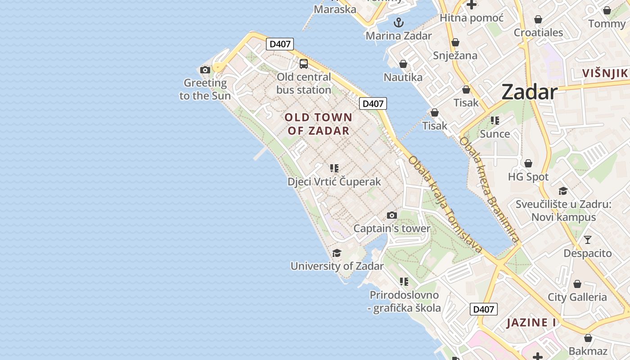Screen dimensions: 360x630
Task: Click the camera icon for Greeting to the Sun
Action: (x=205, y=70)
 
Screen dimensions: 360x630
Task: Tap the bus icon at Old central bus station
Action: (x=304, y=63)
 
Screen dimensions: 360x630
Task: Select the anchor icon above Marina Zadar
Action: (x=399, y=22)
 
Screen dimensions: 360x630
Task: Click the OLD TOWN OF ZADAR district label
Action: (x=319, y=124)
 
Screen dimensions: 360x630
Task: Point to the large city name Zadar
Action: (x=529, y=92)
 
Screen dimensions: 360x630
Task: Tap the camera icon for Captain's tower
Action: (x=392, y=215)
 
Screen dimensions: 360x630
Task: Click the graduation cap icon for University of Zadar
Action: (x=337, y=253)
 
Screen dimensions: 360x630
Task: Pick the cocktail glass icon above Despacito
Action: (x=587, y=239)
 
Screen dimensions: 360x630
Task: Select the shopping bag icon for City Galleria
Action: (x=577, y=284)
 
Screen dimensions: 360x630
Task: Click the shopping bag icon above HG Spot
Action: (x=528, y=163)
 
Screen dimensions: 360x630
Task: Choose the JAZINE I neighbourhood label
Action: (x=531, y=323)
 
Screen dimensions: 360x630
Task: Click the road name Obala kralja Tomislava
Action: (x=445, y=205)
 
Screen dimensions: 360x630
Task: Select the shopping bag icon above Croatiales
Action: (x=538, y=19)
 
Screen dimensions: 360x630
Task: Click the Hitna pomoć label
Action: (x=472, y=18)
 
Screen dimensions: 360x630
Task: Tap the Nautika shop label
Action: (x=403, y=77)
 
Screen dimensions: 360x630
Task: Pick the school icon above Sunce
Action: (x=495, y=120)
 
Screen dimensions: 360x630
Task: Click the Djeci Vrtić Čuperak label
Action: (x=334, y=182)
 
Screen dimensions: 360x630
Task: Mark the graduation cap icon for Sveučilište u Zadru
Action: (x=563, y=191)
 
